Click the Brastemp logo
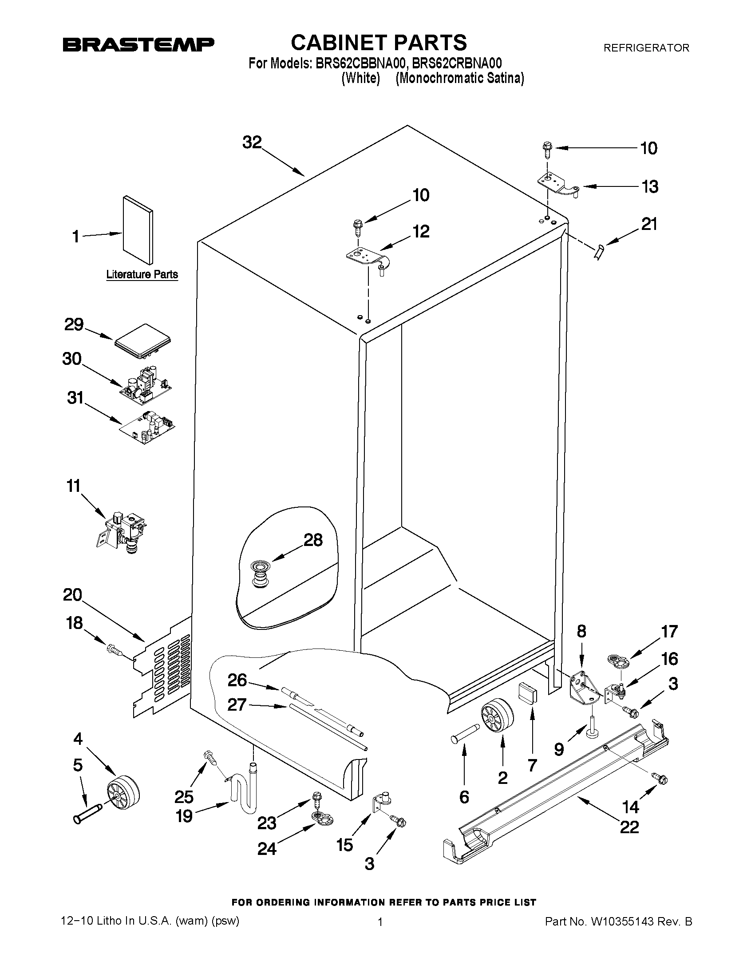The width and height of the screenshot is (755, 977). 138,44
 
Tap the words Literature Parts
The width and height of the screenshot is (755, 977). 142,275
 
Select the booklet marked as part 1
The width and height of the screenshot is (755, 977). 138,230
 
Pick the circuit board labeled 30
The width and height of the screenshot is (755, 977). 146,384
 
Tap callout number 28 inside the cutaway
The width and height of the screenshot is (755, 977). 313,540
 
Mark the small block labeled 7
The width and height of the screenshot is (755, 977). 528,694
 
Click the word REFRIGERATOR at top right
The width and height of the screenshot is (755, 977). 646,48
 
